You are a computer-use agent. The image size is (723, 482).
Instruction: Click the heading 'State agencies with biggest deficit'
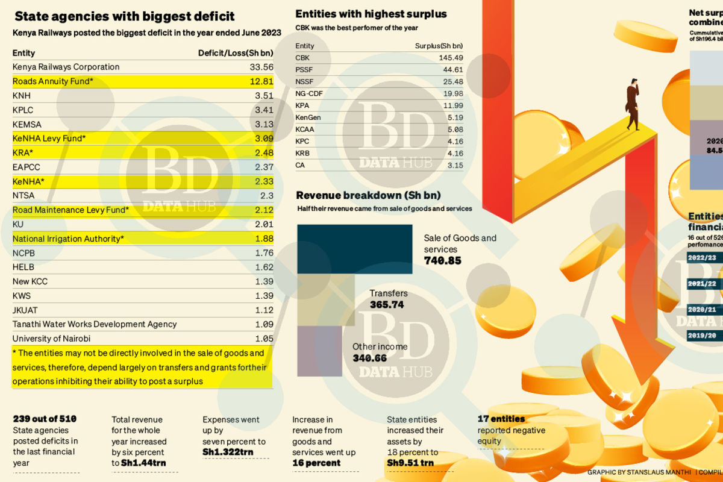pos(124,16)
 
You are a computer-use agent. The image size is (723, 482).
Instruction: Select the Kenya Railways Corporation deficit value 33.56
pos(261,67)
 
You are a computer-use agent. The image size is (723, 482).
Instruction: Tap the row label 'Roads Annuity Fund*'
pos(53,81)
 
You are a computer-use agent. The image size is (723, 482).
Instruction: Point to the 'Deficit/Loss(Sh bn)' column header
pos(236,53)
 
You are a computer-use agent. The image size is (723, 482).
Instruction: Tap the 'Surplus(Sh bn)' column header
pos(439,46)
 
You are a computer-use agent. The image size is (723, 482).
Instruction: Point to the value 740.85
pos(442,261)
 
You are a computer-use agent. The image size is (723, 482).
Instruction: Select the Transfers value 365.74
pos(386,305)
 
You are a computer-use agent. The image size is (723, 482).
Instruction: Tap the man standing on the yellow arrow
pos(632,104)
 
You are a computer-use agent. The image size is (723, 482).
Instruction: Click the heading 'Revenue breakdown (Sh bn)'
pos(368,195)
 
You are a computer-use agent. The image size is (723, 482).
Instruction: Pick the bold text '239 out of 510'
pos(45,419)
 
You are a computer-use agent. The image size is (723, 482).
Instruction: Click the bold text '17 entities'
pos(501,419)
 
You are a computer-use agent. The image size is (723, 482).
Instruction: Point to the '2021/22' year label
pos(703,284)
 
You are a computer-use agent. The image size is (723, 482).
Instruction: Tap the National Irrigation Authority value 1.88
pos(264,239)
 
